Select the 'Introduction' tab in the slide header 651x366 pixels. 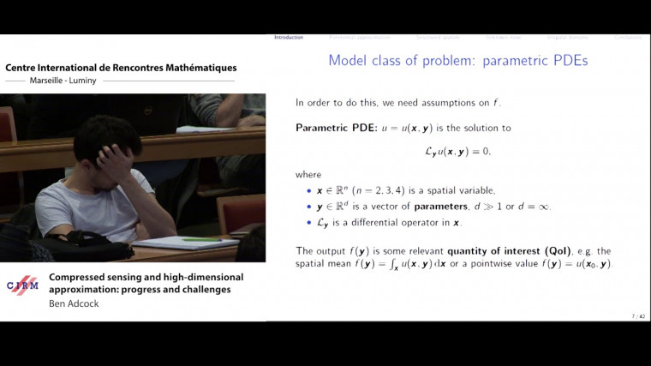pos(288,37)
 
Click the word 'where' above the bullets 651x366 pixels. pos(308,174)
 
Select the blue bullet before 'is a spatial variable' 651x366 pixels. pos(309,190)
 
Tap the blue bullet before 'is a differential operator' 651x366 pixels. pos(309,223)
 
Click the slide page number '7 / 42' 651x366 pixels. pos(638,316)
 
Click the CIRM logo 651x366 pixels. pos(22,285)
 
